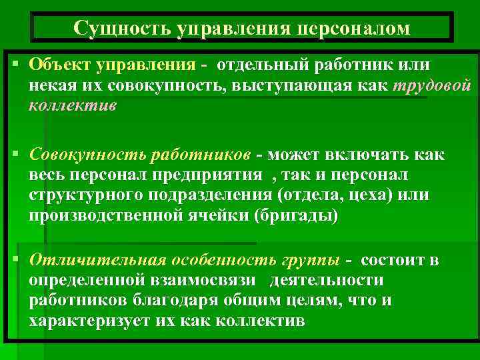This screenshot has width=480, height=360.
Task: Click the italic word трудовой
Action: (x=432, y=86)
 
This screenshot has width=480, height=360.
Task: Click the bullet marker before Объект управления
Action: (x=15, y=65)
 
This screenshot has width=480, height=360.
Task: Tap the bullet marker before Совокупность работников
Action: (x=15, y=155)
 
